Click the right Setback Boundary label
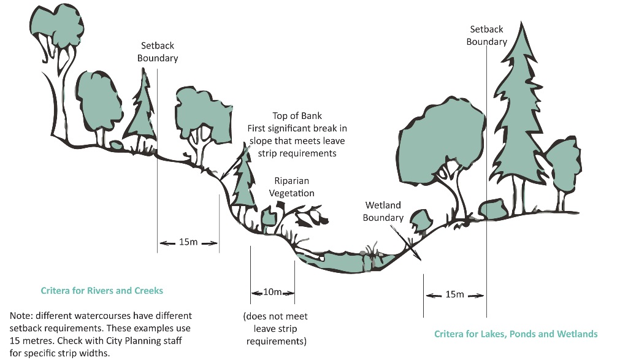pos(486,36)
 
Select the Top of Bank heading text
pos(297,116)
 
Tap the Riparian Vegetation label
pos(294,187)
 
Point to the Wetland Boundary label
pos(383,211)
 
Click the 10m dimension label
pos(272,292)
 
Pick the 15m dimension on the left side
pos(188,242)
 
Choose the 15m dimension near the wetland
pos(454,294)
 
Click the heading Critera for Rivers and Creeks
pos(102,290)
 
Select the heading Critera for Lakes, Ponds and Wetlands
pos(516,334)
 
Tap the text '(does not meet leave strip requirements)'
pos(276,329)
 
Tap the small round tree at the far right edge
pos(562,166)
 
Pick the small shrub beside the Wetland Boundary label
pos(419,218)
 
